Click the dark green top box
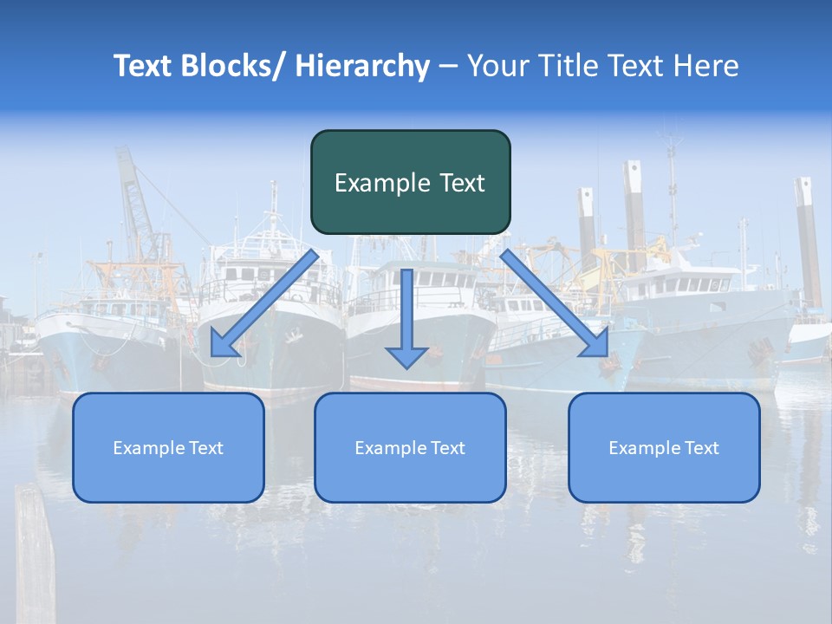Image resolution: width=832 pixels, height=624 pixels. click(410, 182)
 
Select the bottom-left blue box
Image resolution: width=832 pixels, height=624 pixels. click(168, 447)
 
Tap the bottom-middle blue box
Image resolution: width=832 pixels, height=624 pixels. click(410, 447)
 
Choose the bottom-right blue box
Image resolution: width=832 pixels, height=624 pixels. click(664, 447)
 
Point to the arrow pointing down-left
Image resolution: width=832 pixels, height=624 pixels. click(264, 303)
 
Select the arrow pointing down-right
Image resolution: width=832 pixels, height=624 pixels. click(555, 303)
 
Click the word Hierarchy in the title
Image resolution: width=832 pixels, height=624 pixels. click(362, 66)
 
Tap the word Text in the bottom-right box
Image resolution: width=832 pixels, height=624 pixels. click(701, 448)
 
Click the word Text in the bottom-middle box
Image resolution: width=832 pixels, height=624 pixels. click(447, 448)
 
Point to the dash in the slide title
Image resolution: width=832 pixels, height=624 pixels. click(448, 67)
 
